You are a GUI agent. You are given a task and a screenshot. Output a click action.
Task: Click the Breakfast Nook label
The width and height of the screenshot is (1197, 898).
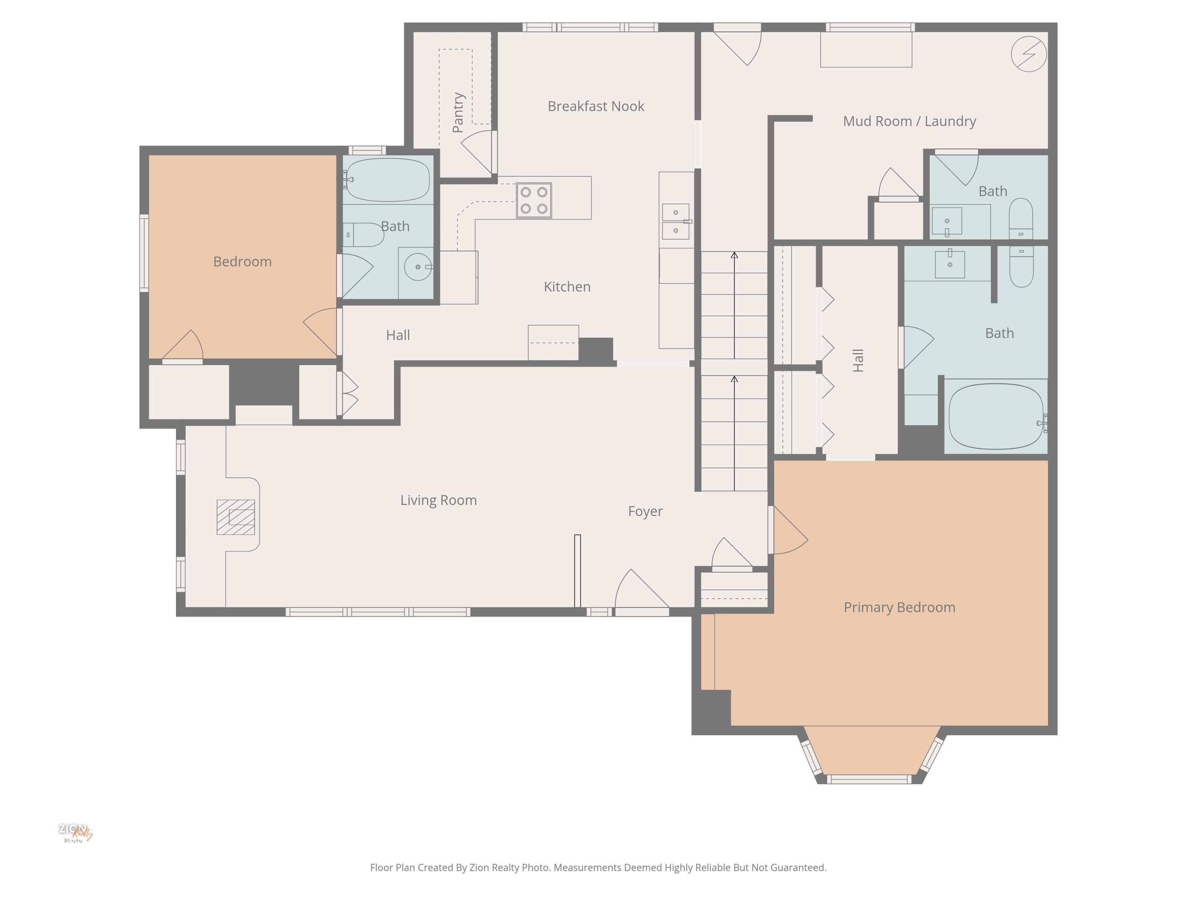[x=596, y=106]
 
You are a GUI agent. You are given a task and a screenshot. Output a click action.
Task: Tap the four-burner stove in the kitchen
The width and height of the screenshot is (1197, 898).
[x=533, y=200]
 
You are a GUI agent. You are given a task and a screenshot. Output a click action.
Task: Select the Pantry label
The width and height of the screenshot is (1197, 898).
[x=458, y=113]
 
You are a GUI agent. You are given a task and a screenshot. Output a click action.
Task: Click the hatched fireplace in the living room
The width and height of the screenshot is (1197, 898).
[x=235, y=517]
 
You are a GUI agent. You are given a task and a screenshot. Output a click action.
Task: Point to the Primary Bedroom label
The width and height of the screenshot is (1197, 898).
[x=899, y=607]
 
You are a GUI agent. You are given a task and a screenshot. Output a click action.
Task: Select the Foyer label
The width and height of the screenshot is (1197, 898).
[x=645, y=511]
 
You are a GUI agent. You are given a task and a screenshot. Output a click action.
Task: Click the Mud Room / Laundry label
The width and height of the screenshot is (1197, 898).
[x=909, y=121]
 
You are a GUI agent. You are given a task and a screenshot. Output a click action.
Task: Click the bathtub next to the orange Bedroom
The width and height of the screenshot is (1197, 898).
[x=388, y=180]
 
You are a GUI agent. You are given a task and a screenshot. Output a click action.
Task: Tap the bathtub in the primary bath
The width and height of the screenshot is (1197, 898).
[x=996, y=416]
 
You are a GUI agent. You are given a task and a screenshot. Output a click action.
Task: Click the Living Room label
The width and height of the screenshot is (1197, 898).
[x=439, y=500]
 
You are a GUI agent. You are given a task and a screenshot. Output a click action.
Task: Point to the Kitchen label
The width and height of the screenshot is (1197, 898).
[x=567, y=287]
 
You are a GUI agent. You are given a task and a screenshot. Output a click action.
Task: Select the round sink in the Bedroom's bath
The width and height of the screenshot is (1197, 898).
[x=418, y=267]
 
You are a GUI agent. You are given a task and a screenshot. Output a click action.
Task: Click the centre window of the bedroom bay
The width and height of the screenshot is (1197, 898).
[x=869, y=779]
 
